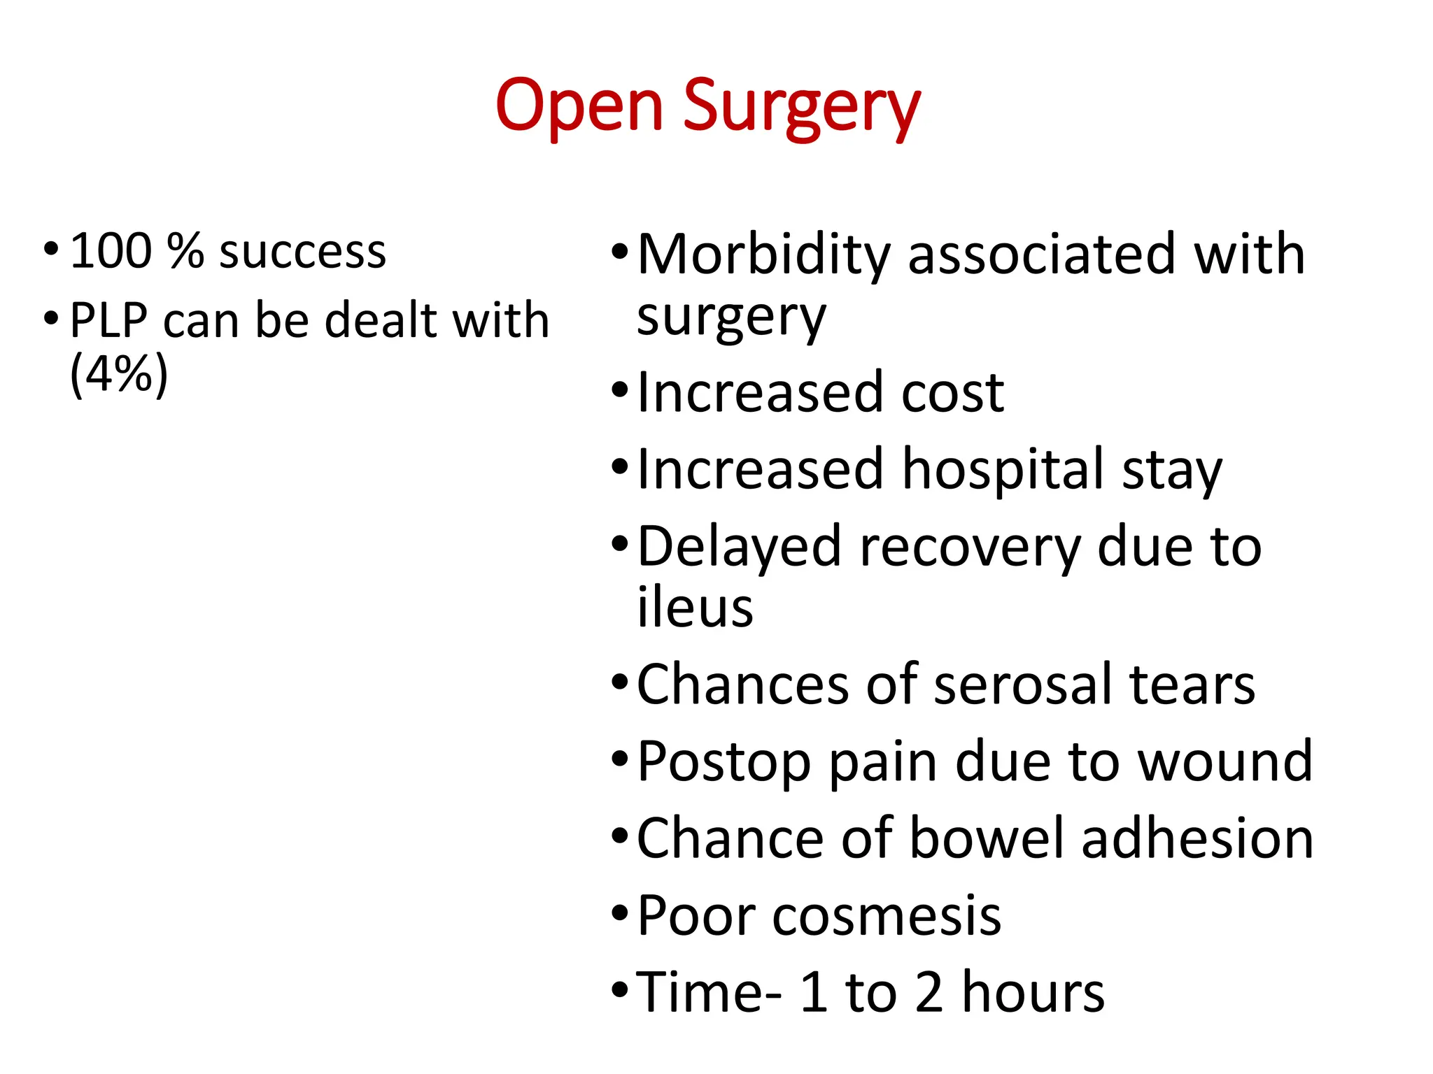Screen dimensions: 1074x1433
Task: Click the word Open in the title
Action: coord(579,106)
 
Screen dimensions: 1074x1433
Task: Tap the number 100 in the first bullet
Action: coord(111,251)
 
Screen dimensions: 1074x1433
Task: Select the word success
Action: coord(302,252)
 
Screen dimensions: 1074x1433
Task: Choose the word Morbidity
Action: coord(763,255)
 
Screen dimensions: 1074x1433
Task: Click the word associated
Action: coord(1041,255)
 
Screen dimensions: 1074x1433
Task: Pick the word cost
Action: coord(952,392)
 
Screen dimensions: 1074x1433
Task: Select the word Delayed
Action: coord(739,547)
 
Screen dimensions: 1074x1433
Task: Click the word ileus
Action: coord(695,607)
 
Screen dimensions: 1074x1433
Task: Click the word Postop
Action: coord(724,762)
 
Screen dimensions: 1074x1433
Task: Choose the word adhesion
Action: coord(1197,838)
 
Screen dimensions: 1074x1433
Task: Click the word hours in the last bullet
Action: coord(1033,992)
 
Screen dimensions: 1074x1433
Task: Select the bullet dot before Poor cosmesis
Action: coord(620,913)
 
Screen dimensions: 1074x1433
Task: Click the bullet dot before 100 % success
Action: coord(51,248)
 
